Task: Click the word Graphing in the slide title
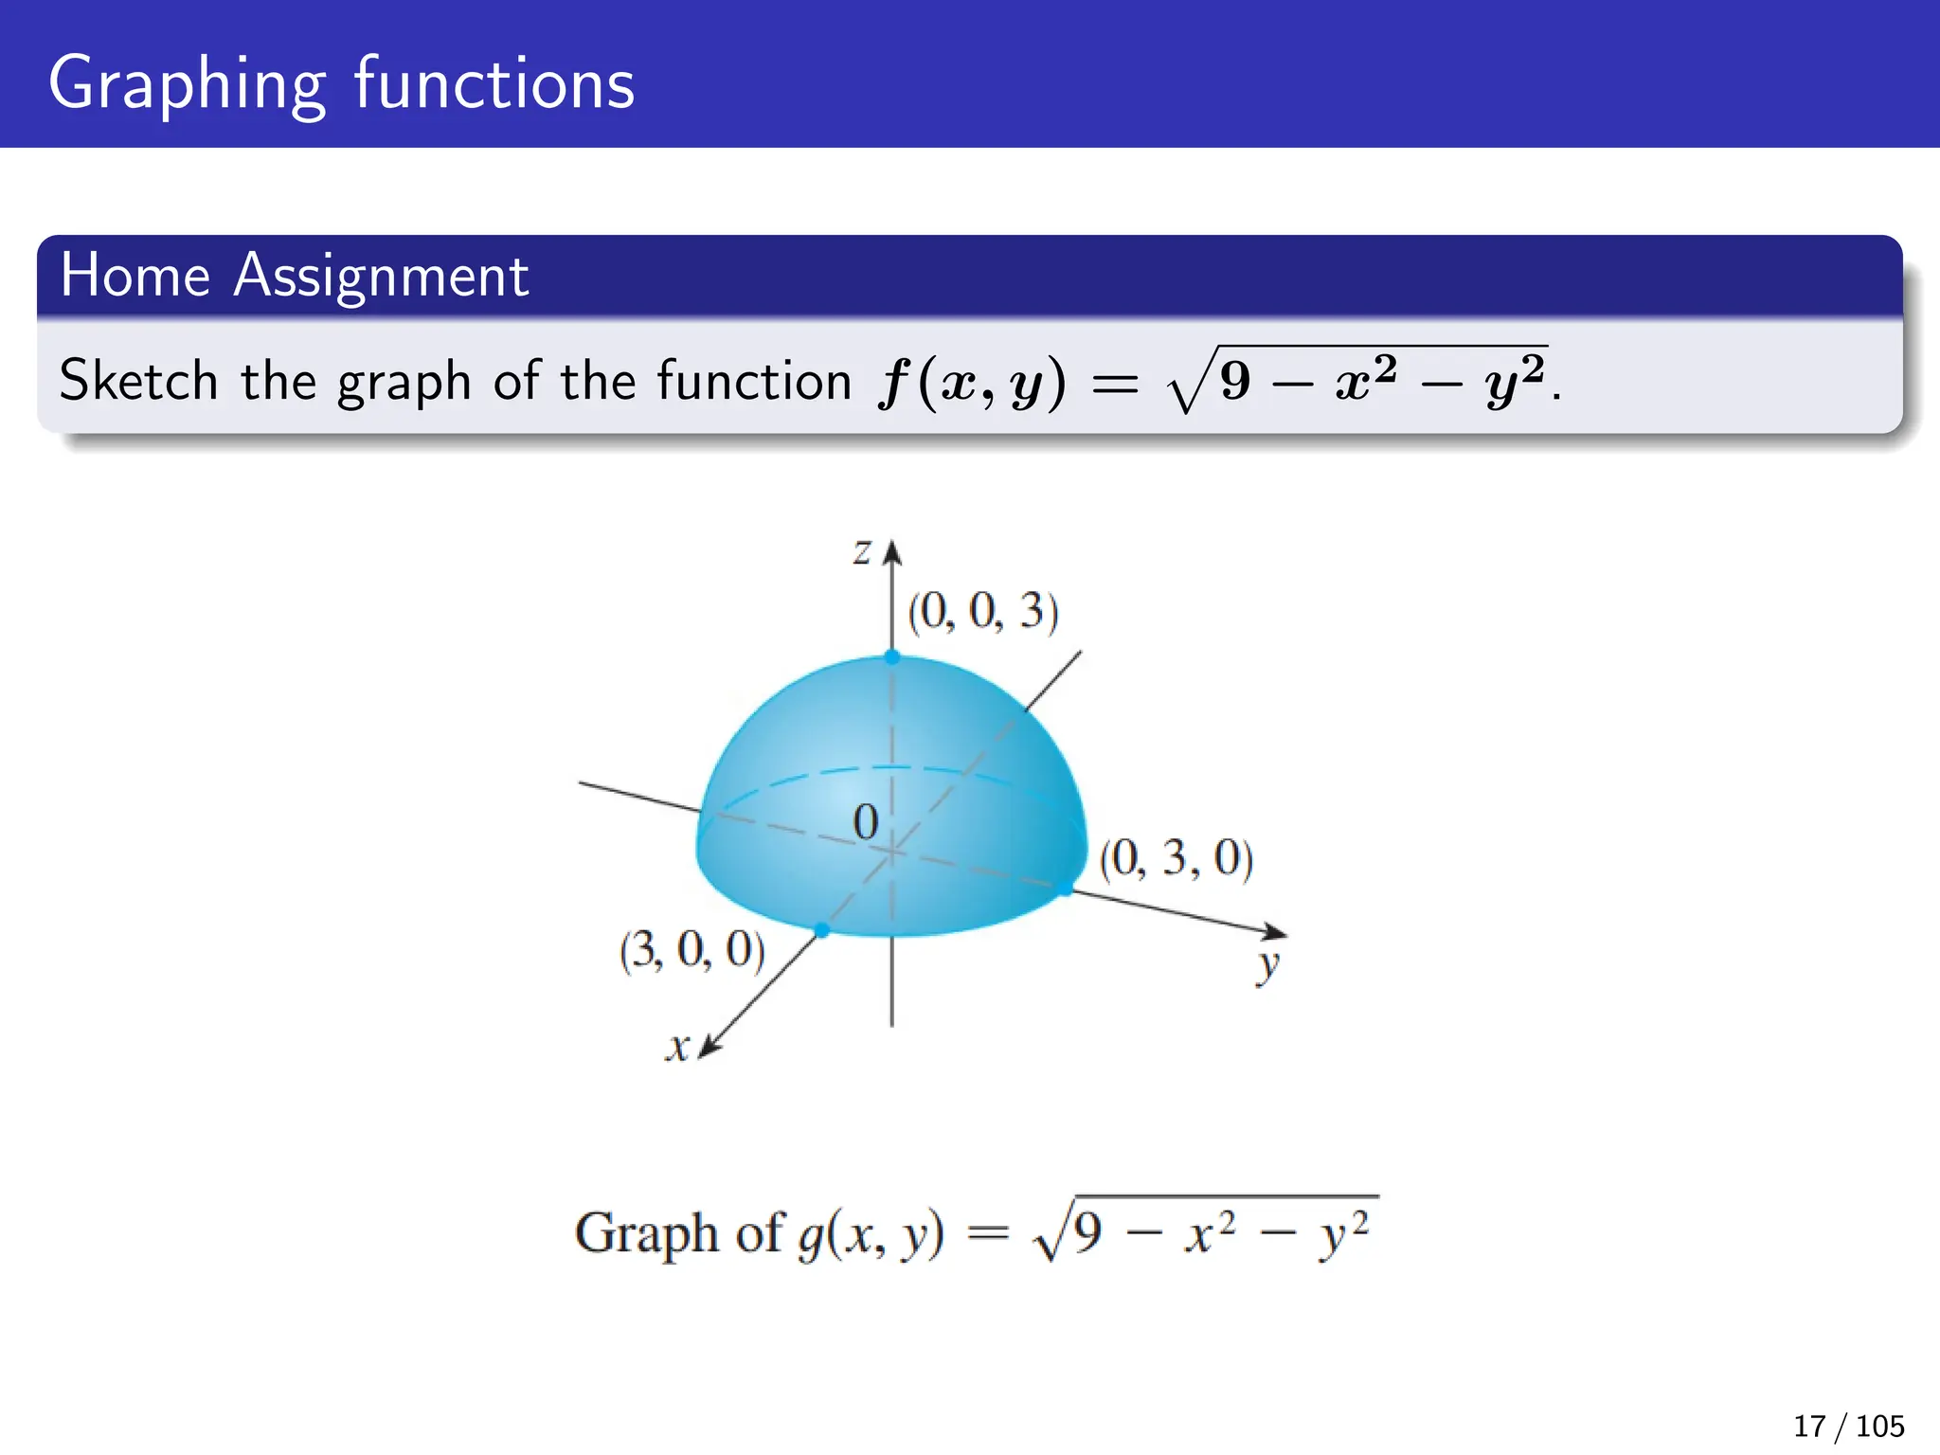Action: click(x=187, y=85)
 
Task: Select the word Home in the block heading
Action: click(x=135, y=276)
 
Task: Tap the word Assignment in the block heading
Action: click(x=381, y=277)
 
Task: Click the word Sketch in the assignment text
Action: click(x=138, y=381)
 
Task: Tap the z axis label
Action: click(x=861, y=550)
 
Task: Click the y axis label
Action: click(x=1267, y=966)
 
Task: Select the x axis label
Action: click(x=676, y=1048)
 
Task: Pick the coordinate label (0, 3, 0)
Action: click(x=1177, y=858)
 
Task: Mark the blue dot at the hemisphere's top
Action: click(x=892, y=656)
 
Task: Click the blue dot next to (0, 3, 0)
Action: click(x=1066, y=888)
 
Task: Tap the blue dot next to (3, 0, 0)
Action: click(x=821, y=930)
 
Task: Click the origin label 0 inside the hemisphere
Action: click(x=865, y=822)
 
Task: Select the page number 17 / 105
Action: click(x=1848, y=1426)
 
